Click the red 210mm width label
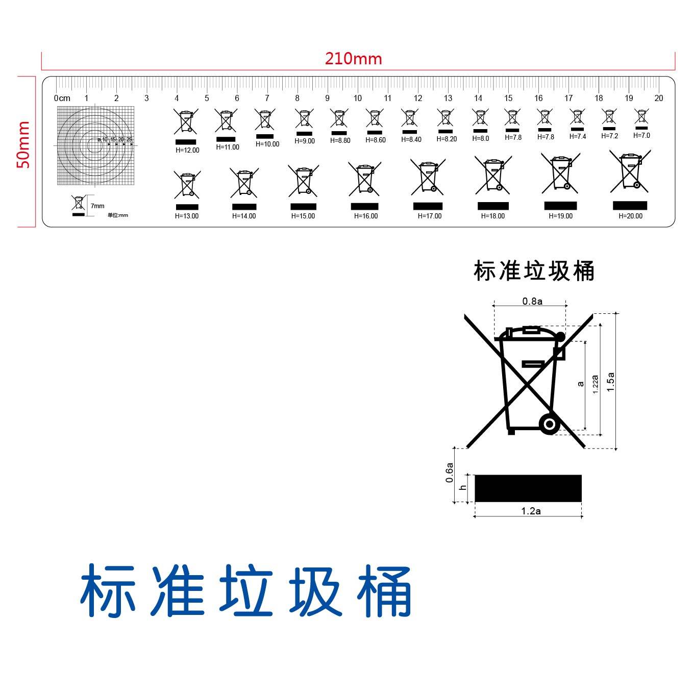[x=353, y=59]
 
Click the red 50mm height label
[x=23, y=144]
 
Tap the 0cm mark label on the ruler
[x=62, y=98]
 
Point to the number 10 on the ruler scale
[x=357, y=98]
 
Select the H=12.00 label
[x=187, y=150]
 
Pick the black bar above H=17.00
[x=428, y=206]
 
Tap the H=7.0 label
[x=641, y=136]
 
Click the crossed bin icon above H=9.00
[x=304, y=119]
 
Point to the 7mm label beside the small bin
[x=97, y=206]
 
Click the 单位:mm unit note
[x=118, y=215]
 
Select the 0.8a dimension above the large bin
[x=532, y=301]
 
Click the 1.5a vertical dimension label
[x=610, y=382]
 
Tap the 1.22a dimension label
[x=595, y=384]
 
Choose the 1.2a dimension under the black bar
[x=531, y=511]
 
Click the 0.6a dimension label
[x=449, y=473]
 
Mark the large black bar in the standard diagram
[x=528, y=488]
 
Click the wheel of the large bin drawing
[x=549, y=424]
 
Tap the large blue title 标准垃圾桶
[x=246, y=590]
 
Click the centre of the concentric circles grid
[x=95, y=145]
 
